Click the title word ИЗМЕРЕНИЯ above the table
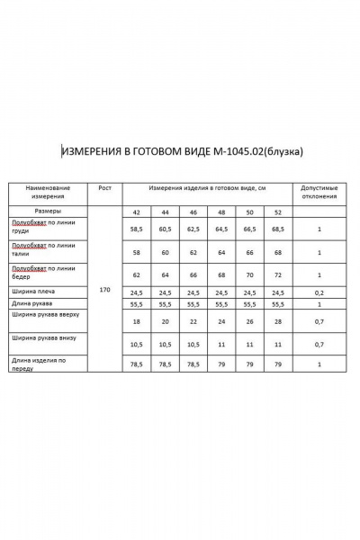(x=93, y=150)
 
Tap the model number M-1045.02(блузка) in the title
(x=262, y=150)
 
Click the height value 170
(x=105, y=290)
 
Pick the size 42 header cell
(x=137, y=211)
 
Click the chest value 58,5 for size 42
(x=137, y=229)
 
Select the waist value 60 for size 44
(x=165, y=254)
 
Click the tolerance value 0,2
(x=319, y=292)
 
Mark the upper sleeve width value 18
(x=137, y=321)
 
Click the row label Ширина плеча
(x=32, y=292)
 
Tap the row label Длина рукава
(x=32, y=304)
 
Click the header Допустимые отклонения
(x=319, y=191)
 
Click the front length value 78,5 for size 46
(x=193, y=364)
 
